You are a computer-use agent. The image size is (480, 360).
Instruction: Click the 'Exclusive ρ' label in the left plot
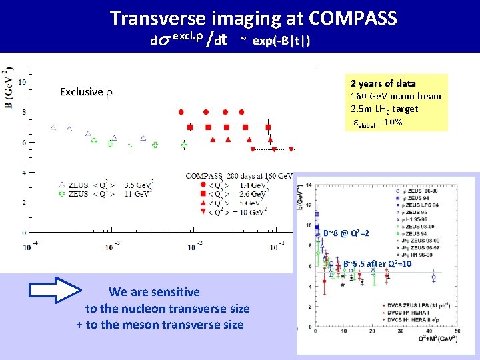(86, 92)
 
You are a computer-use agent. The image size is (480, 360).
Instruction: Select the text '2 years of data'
(383, 84)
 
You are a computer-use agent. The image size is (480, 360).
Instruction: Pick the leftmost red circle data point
(179, 111)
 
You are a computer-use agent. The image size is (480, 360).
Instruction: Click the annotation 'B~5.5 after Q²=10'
(377, 264)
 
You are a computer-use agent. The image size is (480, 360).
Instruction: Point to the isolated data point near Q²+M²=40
(434, 276)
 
